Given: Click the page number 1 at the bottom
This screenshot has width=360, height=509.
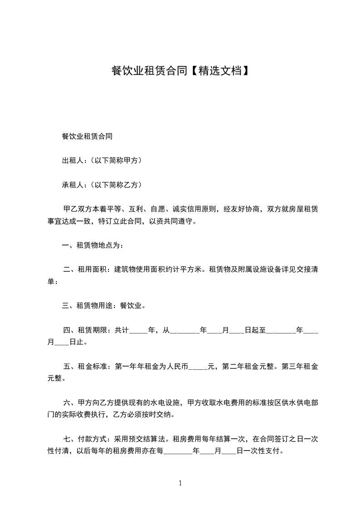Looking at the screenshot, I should pos(180,483).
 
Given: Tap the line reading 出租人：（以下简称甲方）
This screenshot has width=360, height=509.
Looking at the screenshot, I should pos(102,160).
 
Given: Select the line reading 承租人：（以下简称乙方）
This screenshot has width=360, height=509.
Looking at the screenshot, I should pos(102,185).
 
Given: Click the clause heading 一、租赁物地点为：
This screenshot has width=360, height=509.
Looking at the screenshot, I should pos(93,245).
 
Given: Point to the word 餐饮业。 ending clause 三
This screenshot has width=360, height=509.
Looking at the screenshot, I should pos(133,306).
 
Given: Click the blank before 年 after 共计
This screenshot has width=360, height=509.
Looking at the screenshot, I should pos(139,330).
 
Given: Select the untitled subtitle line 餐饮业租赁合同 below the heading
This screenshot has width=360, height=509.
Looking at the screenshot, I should pos(87,136).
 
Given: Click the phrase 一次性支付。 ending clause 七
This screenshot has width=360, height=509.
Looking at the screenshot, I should pos(264,451).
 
